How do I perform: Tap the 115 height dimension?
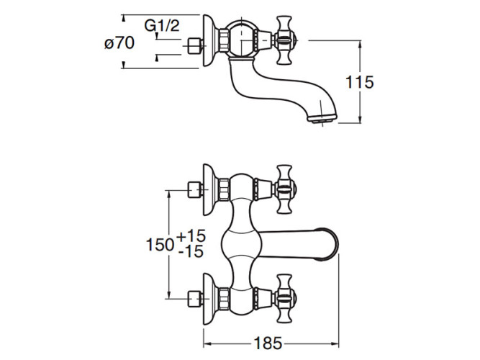click(359, 82)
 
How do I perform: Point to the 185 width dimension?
click(267, 343)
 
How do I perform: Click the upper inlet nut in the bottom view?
click(191, 190)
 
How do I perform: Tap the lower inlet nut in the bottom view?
click(191, 297)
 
